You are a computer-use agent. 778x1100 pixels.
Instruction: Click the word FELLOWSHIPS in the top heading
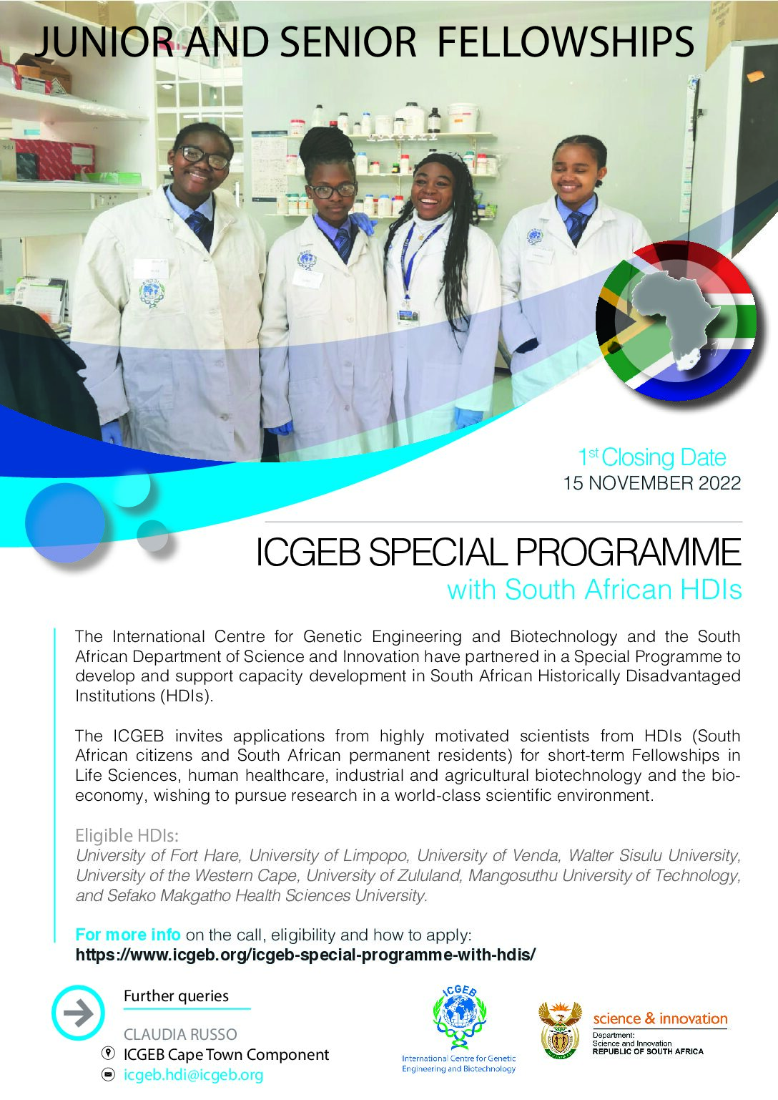coord(565,42)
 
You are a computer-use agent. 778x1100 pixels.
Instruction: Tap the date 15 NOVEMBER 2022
coord(651,483)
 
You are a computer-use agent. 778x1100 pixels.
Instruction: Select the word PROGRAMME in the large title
coord(629,553)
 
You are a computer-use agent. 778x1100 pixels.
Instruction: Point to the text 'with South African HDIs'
coord(594,589)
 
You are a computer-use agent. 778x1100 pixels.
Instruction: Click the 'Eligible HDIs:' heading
coord(127,835)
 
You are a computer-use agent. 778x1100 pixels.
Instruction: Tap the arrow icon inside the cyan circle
coord(79,1013)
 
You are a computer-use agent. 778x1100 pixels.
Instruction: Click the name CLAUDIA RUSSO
coord(180,1035)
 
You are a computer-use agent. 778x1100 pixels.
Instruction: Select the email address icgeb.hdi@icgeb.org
coord(193,1074)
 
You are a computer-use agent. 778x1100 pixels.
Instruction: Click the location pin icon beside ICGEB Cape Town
coord(107,1053)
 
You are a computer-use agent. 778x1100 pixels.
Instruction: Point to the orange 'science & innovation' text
coord(660,1018)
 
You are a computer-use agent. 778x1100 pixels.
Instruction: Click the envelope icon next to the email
coord(107,1075)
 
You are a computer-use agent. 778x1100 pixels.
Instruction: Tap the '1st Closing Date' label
coord(652,457)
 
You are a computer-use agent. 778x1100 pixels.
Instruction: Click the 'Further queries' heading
coord(176,996)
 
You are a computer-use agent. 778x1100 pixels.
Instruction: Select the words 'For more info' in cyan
coord(128,935)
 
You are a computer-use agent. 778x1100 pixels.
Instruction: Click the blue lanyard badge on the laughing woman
coord(408,317)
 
